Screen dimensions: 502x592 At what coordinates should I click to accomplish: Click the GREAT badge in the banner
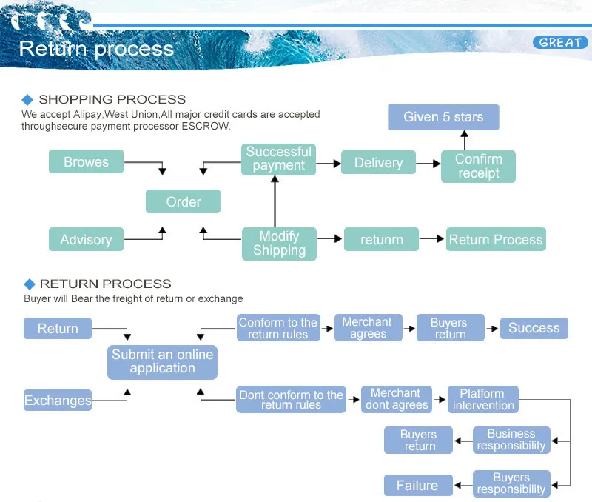point(560,42)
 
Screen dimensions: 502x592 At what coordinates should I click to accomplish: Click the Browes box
point(86,162)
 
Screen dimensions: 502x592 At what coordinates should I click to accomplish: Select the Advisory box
point(86,240)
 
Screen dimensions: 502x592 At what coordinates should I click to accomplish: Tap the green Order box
point(184,202)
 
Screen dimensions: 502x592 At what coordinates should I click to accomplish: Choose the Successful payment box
point(279,159)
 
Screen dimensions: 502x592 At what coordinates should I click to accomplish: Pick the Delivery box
point(378,163)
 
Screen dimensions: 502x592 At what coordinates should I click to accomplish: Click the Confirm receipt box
point(478,167)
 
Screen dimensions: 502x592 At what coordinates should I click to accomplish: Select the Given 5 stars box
point(443,117)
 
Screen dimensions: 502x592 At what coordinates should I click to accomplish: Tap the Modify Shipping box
point(279,244)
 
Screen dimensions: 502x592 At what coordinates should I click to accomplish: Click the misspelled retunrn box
point(381,240)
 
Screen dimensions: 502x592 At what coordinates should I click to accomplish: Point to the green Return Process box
point(496,240)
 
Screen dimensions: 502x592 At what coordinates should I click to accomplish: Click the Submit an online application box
point(162,361)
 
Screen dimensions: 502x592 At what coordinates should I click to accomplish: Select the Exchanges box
point(58,401)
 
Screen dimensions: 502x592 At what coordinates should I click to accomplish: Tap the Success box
point(534,328)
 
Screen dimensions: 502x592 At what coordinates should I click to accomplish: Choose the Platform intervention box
point(483,400)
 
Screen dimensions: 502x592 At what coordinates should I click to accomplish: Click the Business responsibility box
point(511,440)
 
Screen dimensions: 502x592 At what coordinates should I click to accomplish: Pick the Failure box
point(417,486)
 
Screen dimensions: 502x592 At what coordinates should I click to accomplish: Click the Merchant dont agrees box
point(396,399)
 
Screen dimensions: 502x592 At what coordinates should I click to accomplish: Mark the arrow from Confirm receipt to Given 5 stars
point(464,139)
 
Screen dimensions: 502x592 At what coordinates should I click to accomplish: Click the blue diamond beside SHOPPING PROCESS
point(28,99)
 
